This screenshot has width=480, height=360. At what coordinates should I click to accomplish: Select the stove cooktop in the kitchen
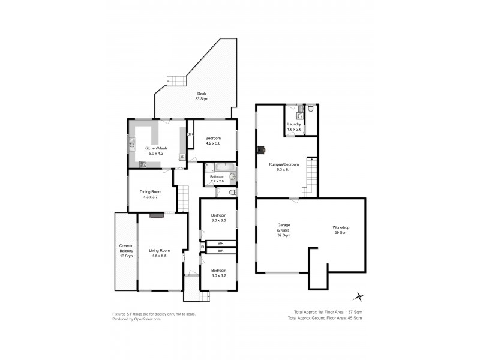click(x=143, y=164)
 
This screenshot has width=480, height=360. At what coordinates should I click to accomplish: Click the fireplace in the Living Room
click(x=156, y=215)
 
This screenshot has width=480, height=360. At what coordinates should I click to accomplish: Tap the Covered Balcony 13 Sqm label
click(x=126, y=251)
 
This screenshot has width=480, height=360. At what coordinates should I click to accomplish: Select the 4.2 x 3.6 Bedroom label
click(x=213, y=140)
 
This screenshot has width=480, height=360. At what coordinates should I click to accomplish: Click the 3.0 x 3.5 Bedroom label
click(x=218, y=218)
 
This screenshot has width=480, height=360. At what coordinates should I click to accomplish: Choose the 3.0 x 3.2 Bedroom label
click(x=218, y=273)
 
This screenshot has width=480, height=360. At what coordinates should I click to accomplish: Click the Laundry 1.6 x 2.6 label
click(x=294, y=127)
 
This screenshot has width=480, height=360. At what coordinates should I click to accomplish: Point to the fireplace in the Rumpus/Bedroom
click(x=260, y=150)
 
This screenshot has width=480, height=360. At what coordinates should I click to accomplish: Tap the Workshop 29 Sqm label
click(x=341, y=230)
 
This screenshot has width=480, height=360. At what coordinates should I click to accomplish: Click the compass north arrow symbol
click(x=359, y=296)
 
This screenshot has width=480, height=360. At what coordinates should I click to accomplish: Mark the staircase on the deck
click(x=176, y=81)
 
